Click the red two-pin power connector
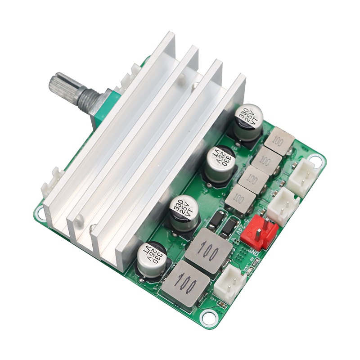260,230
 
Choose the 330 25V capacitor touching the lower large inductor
152,261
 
